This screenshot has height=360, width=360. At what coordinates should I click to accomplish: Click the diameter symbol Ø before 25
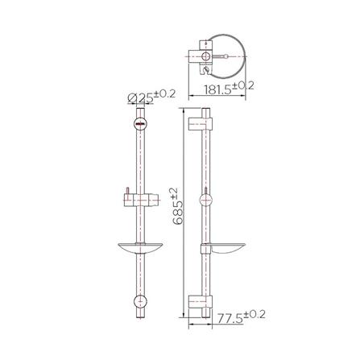click(x=132, y=99)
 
